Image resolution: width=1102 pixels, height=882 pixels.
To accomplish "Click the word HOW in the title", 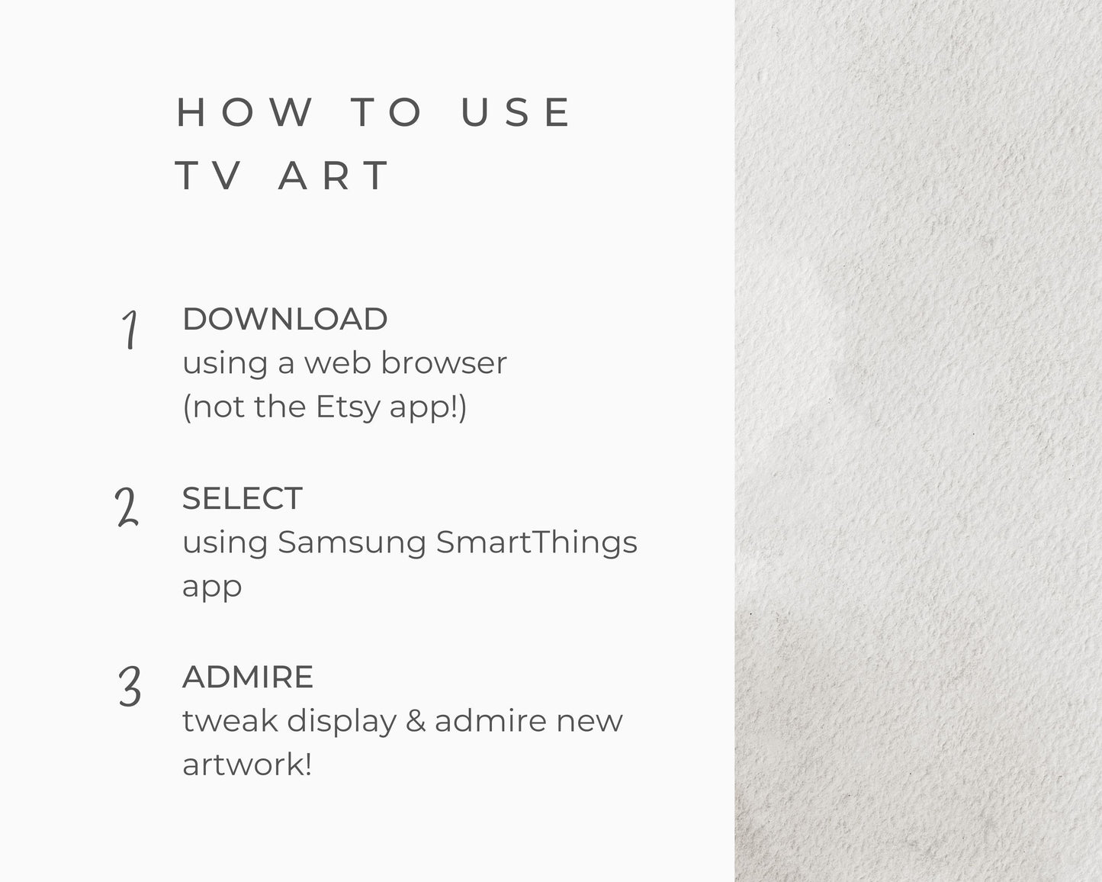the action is [x=244, y=111].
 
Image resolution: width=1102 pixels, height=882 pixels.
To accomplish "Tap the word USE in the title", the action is [x=516, y=111].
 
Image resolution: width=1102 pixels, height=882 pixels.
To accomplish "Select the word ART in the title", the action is [x=333, y=175].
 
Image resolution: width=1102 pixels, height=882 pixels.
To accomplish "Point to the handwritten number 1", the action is [x=130, y=330].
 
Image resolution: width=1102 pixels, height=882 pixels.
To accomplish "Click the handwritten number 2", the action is [x=127, y=507].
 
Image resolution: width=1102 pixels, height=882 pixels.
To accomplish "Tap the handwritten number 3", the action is [x=130, y=686].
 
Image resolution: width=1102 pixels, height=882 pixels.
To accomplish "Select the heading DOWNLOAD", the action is [x=284, y=319].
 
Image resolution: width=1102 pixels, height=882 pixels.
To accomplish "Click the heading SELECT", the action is [x=243, y=498].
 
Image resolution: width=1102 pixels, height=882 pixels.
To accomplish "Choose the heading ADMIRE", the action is [x=247, y=677].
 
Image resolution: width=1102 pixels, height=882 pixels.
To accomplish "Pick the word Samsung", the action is [x=352, y=542].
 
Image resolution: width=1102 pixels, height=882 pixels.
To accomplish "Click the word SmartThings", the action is [x=537, y=542].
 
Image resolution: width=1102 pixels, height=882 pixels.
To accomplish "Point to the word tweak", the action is [x=230, y=721].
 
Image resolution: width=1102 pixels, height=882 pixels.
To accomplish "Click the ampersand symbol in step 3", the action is [x=416, y=721].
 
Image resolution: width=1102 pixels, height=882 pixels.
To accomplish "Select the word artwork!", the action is [x=247, y=765].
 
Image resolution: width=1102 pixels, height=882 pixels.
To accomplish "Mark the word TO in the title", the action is [x=387, y=111].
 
